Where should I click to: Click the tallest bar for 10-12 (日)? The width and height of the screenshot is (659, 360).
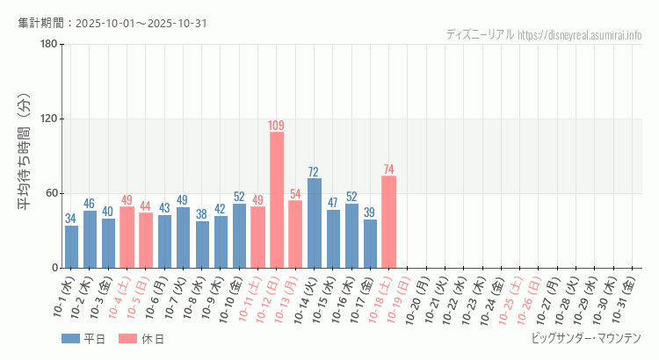click(277, 199)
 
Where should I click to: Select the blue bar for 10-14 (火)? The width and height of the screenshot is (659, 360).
click(314, 223)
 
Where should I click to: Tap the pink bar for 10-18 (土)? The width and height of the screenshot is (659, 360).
click(388, 221)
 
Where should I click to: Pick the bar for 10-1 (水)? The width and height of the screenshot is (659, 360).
click(71, 247)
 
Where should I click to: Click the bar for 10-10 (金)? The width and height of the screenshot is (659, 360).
click(239, 235)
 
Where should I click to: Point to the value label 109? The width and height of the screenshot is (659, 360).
click(277, 126)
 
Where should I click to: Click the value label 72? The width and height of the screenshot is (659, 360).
click(314, 172)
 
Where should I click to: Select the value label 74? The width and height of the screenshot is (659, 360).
click(388, 169)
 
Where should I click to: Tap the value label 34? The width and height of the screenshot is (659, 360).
click(71, 219)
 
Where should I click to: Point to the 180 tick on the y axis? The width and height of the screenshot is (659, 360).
click(48, 45)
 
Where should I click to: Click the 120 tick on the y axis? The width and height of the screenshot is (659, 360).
click(48, 119)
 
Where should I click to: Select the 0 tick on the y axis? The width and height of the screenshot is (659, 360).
click(54, 268)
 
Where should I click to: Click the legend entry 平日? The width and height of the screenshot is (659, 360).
click(84, 339)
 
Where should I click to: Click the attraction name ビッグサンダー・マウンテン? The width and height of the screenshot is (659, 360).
click(586, 338)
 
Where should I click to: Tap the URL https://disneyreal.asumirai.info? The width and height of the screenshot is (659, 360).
click(580, 34)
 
